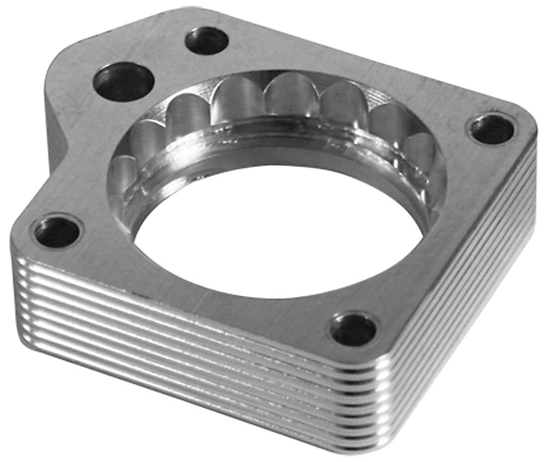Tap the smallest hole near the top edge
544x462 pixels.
(206, 41)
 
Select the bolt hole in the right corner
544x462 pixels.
(492, 129)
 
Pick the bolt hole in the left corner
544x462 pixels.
(56, 232)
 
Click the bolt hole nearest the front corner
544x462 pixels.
(353, 330)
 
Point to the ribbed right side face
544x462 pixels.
(463, 308)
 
